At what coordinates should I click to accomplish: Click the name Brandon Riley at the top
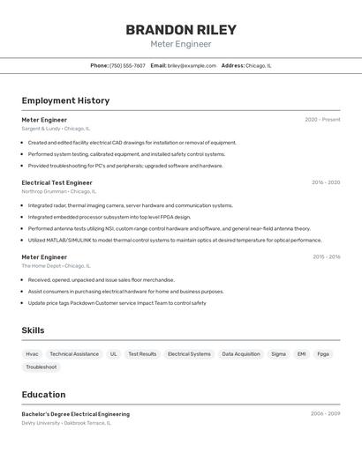[180, 29]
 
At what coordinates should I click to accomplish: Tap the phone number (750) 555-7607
[127, 65]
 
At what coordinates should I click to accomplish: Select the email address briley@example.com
[192, 65]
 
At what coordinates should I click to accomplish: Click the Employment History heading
[65, 100]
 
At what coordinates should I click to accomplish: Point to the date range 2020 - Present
[322, 120]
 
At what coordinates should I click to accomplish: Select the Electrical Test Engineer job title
[57, 182]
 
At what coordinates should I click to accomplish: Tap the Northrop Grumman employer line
[59, 191]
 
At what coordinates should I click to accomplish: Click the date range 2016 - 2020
[325, 182]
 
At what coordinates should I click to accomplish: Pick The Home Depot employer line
[54, 265]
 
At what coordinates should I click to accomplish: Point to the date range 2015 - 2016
[326, 257]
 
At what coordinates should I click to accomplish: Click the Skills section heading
[33, 330]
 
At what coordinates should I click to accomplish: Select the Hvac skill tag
[32, 354]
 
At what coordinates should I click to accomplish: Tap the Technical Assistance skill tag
[74, 354]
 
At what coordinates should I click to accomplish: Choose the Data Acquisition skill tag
[241, 354]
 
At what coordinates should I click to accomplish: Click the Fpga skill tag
[323, 354]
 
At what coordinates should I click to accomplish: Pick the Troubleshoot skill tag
[41, 367]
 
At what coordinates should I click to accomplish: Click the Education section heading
[43, 395]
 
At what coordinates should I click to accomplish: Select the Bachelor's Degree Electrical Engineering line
[76, 414]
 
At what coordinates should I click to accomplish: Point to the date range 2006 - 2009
[325, 414]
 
